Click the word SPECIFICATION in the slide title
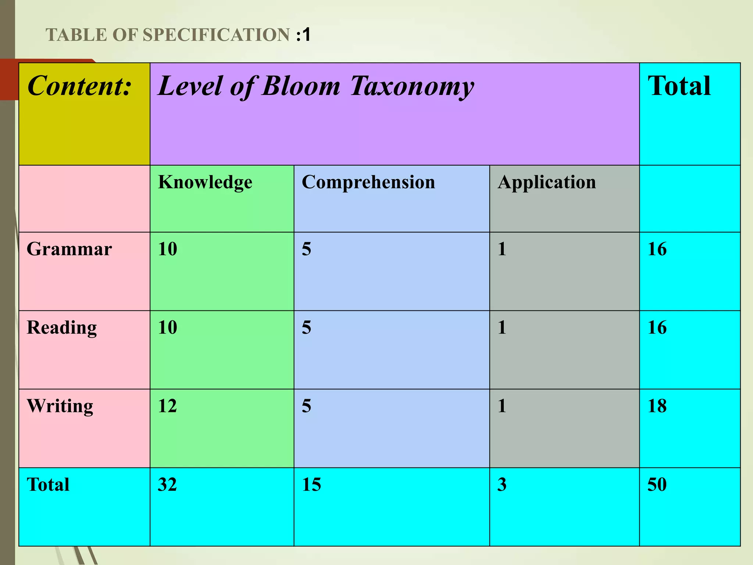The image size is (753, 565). click(216, 35)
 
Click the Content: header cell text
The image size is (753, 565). click(79, 86)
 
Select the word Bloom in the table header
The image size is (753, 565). click(301, 86)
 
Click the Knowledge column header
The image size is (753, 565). click(205, 182)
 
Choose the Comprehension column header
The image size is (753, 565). click(368, 182)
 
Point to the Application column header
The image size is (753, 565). click(546, 182)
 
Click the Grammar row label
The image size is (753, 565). click(69, 249)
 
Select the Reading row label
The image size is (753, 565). click(62, 328)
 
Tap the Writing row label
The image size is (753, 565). click(60, 406)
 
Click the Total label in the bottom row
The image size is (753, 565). click(48, 485)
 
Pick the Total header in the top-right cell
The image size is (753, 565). click(679, 86)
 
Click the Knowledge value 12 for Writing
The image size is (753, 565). click(167, 406)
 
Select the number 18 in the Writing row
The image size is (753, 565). click(657, 406)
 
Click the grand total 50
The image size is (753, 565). click(657, 485)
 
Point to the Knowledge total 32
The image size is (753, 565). click(167, 485)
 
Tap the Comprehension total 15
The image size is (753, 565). click(311, 485)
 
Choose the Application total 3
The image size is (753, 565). click(502, 485)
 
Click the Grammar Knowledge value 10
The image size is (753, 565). click(167, 249)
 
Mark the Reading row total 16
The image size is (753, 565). click(657, 328)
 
